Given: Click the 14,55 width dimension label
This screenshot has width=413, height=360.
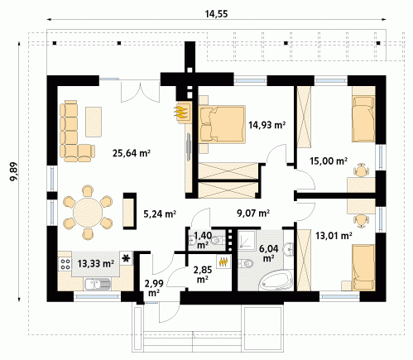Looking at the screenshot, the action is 216,14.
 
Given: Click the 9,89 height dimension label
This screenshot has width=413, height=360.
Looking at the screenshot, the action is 13,171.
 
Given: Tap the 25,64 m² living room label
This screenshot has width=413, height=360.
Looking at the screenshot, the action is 132,152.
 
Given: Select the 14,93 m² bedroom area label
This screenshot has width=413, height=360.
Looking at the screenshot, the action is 267,125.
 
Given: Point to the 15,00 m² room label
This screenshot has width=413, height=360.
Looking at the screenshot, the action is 329,161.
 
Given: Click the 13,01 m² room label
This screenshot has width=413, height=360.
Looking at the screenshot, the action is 334,236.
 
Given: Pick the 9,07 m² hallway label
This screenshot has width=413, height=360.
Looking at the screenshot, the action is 253,213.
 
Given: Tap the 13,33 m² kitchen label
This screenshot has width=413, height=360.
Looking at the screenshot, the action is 96,264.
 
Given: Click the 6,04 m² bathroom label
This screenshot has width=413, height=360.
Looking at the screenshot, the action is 268,253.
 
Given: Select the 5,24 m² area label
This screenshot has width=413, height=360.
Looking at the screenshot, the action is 160,214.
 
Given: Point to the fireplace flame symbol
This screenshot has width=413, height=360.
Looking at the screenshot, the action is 181,112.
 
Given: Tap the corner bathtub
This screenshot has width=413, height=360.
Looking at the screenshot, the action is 276,280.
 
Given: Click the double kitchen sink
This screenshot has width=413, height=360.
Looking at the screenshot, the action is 98,284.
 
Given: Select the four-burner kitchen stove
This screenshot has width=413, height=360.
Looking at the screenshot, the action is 65,264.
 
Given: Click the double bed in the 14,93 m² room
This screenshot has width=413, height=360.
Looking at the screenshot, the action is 222,124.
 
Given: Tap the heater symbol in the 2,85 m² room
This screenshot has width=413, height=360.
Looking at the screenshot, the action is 224,262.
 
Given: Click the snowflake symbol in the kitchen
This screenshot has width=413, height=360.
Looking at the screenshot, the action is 126,258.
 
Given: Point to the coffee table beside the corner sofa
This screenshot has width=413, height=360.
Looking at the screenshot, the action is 94,122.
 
